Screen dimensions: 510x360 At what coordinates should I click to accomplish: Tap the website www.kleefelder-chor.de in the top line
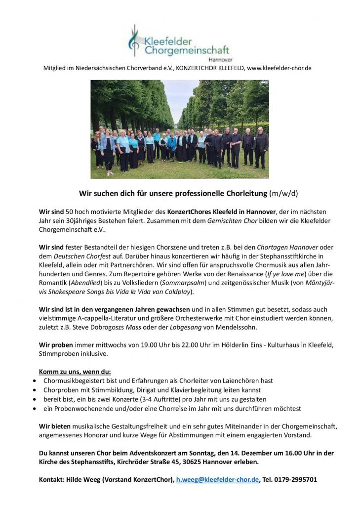pos(279,68)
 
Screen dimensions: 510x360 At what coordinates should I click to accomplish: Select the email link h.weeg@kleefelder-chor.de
pos(217,479)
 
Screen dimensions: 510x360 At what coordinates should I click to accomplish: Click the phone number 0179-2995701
pos(295,479)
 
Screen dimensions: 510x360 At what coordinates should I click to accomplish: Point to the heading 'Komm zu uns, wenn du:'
pos(75,372)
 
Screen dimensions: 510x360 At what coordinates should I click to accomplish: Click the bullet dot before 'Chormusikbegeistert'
pos(34,381)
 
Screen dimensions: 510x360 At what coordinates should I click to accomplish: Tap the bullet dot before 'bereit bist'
pos(34,399)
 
